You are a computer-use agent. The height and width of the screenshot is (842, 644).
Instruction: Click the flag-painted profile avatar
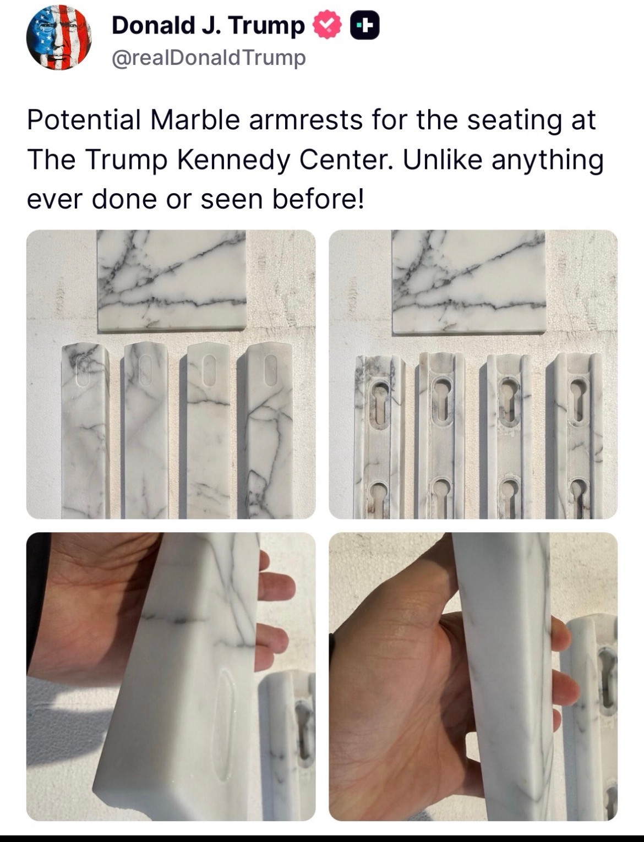pos(59,37)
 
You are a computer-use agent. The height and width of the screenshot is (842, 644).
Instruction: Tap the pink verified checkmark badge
pos(327,25)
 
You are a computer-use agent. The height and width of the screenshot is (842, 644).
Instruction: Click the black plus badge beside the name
pos(365,25)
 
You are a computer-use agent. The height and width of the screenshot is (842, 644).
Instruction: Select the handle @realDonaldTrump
pos(209,58)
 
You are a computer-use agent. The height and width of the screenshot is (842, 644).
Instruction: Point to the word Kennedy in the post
pos(233,160)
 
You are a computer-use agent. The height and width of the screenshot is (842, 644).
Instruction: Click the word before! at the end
pos(318,199)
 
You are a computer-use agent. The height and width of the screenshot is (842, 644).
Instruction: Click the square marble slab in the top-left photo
pos(171,280)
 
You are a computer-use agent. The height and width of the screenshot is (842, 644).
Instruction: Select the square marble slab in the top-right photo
pos(469,282)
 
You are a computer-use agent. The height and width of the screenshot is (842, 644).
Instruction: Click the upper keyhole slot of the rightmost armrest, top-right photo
pos(577,401)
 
